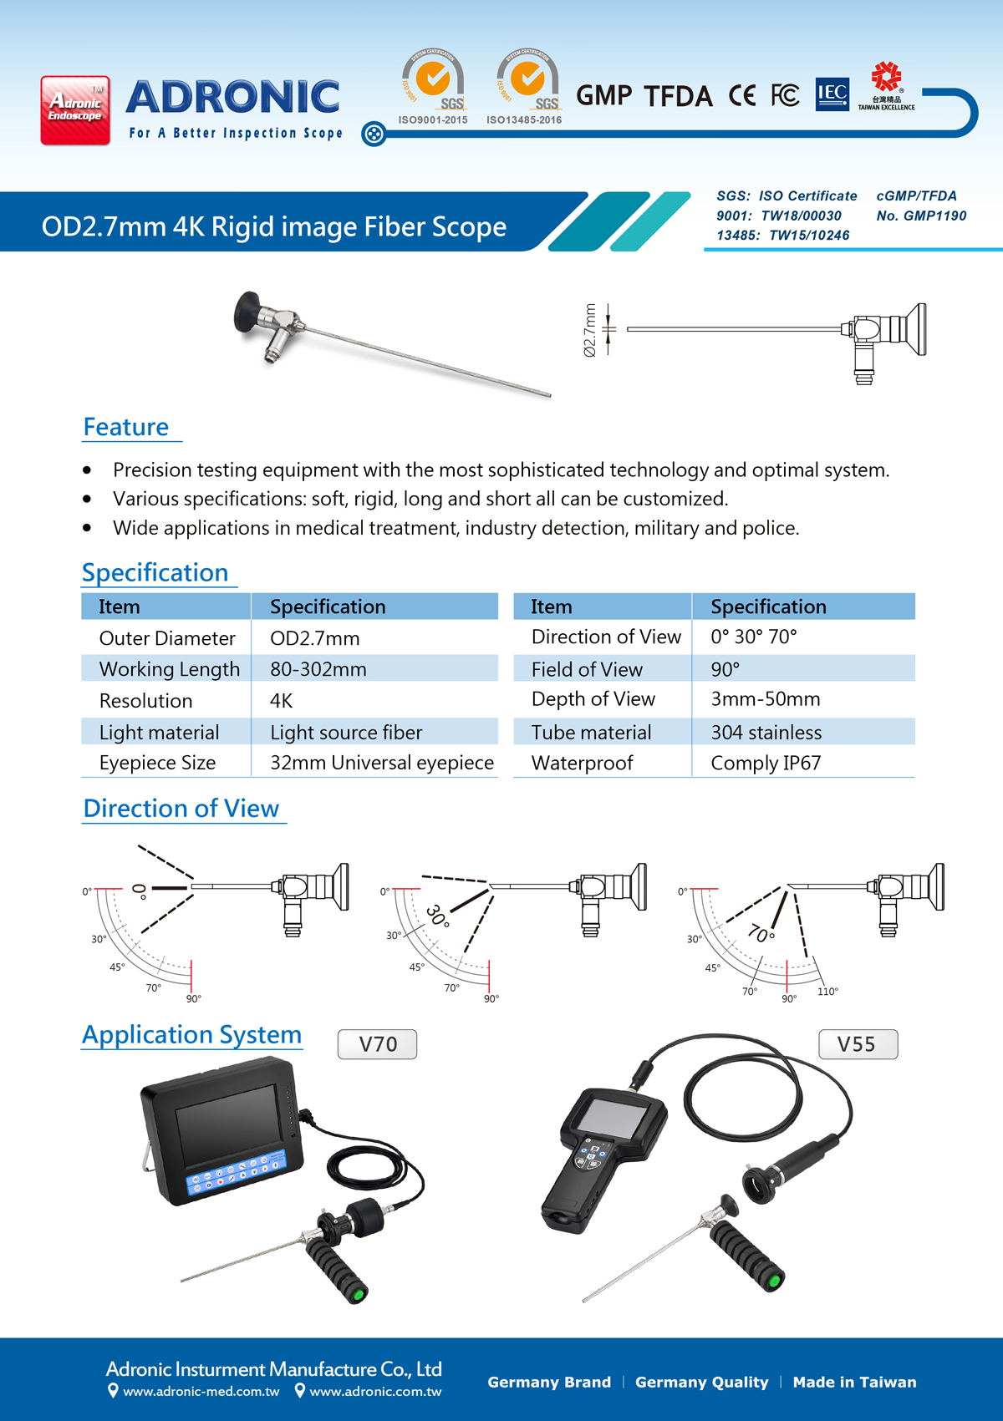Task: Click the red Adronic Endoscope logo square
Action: pyautogui.click(x=75, y=110)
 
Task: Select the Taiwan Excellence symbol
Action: pyautogui.click(x=886, y=85)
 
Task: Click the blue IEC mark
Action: pyautogui.click(x=832, y=94)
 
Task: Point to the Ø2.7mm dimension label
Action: pyautogui.click(x=590, y=330)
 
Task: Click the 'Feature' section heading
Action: pyautogui.click(x=126, y=427)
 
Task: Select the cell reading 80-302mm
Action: pyautogui.click(x=318, y=669)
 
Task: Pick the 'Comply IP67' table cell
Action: pyautogui.click(x=766, y=763)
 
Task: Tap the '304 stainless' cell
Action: pyautogui.click(x=766, y=733)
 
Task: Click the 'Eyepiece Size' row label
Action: pyautogui.click(x=157, y=763)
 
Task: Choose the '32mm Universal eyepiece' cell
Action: pyautogui.click(x=381, y=763)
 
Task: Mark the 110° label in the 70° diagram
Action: pyautogui.click(x=827, y=992)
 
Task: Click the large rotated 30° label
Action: pyautogui.click(x=438, y=916)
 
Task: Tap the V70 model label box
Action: pyautogui.click(x=378, y=1044)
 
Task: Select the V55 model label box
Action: pyautogui.click(x=857, y=1044)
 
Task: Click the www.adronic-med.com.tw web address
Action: pyautogui.click(x=201, y=1392)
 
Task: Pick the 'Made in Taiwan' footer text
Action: pyautogui.click(x=854, y=1383)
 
